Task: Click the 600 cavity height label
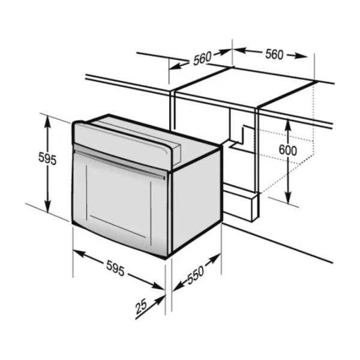(x=287, y=150)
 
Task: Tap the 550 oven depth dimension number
(x=196, y=275)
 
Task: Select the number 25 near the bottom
(x=141, y=307)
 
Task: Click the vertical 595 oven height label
(x=47, y=158)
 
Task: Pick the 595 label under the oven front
(x=115, y=268)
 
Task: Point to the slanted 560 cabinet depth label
(x=202, y=59)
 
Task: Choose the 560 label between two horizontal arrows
(x=274, y=55)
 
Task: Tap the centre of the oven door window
(x=119, y=202)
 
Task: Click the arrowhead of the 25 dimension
(x=160, y=300)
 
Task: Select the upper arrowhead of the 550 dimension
(x=215, y=258)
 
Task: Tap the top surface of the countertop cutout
(x=246, y=86)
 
